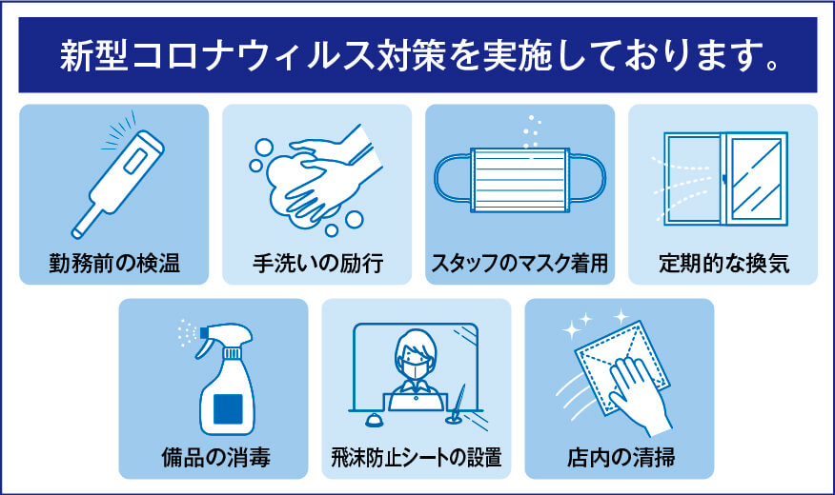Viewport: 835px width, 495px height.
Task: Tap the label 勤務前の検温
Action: pyautogui.click(x=113, y=262)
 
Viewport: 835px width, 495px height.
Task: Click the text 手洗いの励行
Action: pyautogui.click(x=317, y=262)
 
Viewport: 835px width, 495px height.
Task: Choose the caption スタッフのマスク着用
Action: pyautogui.click(x=519, y=262)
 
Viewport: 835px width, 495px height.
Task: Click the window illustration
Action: pyautogui.click(x=725, y=179)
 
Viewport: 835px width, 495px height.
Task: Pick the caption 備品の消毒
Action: pyautogui.click(x=215, y=458)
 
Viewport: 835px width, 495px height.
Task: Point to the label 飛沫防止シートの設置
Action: pyautogui.click(x=417, y=458)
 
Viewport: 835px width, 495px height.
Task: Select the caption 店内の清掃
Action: pyautogui.click(x=621, y=458)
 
